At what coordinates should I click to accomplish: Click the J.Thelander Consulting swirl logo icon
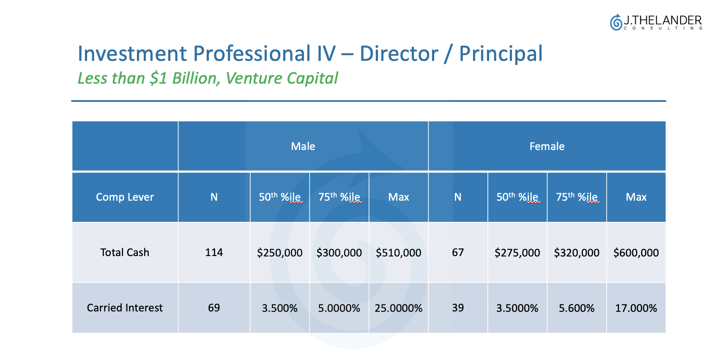tap(616, 22)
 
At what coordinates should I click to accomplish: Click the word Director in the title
tap(399, 54)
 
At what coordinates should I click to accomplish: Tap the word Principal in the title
tap(501, 54)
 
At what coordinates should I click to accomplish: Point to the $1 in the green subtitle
tap(159, 79)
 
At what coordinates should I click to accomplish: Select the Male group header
tap(303, 146)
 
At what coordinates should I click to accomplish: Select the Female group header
tap(547, 146)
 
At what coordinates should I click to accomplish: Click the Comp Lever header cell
tap(125, 197)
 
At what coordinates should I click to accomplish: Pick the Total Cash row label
tap(125, 253)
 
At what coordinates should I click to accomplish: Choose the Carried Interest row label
tap(125, 308)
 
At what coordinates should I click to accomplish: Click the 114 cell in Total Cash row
tap(214, 253)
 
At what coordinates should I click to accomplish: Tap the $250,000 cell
tap(279, 253)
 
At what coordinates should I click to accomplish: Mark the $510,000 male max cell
tap(398, 253)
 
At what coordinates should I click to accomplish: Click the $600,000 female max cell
tap(636, 253)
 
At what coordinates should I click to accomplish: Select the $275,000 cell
tap(517, 253)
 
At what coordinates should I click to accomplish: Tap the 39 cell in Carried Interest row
tap(458, 308)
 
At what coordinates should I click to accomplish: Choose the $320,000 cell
tap(577, 253)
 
